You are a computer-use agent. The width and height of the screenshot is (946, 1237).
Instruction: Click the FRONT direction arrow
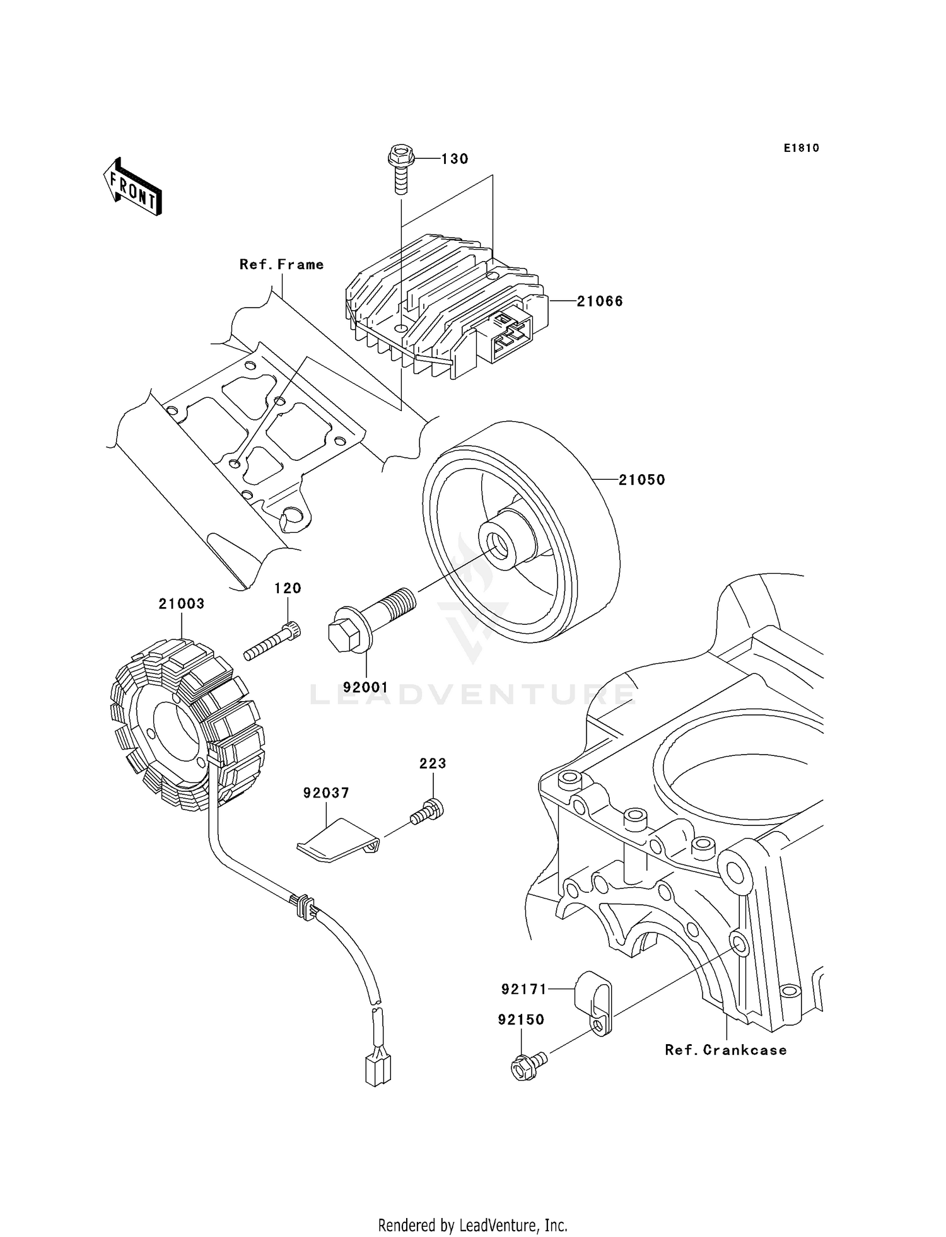coord(133,187)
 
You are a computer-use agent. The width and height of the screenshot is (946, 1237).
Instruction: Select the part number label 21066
coord(600,301)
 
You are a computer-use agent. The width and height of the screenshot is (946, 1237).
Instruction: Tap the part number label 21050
coord(641,480)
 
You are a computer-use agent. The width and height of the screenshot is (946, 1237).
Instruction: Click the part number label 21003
coord(182,604)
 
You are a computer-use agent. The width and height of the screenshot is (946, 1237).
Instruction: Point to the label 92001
coord(366,687)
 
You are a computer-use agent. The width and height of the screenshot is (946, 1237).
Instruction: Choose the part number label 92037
coord(326,793)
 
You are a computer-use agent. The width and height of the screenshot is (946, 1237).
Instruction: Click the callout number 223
coord(433,764)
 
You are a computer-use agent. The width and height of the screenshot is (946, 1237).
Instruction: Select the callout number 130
coord(454,159)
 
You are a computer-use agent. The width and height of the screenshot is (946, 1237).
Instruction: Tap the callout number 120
coord(288,588)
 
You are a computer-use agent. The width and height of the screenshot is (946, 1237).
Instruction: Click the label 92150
coord(521,1020)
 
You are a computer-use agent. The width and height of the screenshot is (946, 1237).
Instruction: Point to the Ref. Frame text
coord(281,265)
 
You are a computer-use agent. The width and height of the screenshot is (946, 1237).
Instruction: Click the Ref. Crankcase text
coord(726,1050)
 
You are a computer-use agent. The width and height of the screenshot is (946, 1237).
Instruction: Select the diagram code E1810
coord(802,148)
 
